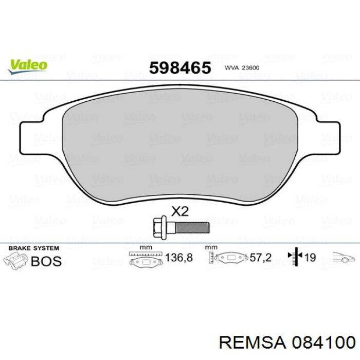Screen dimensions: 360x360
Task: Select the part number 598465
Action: pos(179,67)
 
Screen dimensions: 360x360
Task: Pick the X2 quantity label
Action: pos(179,210)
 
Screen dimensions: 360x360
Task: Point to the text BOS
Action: pos(46,261)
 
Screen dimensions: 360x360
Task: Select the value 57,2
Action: pos(261,258)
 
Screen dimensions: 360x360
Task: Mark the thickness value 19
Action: pos(310,258)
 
